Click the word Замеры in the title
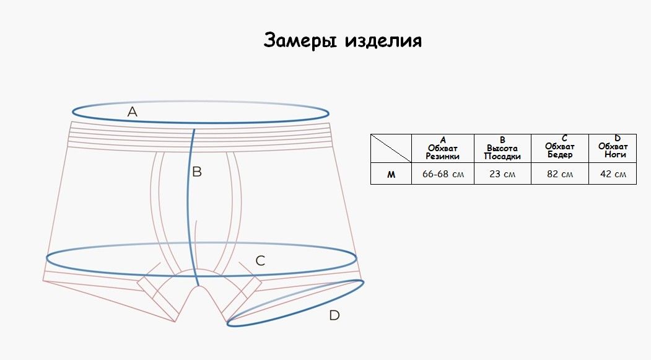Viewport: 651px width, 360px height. tap(300, 41)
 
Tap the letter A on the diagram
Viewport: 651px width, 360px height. tap(133, 112)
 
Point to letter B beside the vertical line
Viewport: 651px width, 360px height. tap(197, 172)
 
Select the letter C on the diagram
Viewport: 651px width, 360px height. tap(260, 261)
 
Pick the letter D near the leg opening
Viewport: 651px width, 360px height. tap(334, 315)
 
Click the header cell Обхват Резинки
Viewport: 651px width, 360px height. tap(443, 148)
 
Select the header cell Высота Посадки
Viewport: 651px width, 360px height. tap(502, 148)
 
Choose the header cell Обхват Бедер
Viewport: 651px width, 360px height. tap(560, 148)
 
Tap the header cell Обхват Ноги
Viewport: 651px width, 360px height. tap(613, 148)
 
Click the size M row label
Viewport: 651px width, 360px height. tap(391, 174)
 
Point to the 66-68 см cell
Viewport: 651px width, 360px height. tap(443, 174)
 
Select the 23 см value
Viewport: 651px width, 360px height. tap(502, 174)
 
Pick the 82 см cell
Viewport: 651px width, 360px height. tap(560, 174)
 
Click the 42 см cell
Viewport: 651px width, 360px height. tap(613, 174)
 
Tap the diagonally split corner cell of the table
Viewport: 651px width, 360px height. tap(391, 148)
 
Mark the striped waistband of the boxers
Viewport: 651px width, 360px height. tap(201, 136)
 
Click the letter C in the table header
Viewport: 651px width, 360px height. tap(564, 138)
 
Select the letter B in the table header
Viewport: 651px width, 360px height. tap(502, 140)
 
